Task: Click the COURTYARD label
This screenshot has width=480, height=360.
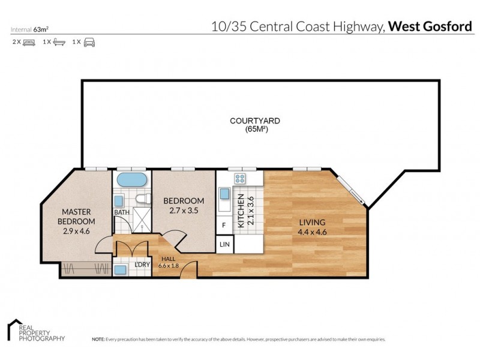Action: (x=255, y=121)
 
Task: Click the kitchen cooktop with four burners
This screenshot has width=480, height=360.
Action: (x=241, y=178)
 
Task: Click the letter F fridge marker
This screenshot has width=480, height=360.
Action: (x=224, y=224)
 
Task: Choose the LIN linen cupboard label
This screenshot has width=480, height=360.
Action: (x=224, y=244)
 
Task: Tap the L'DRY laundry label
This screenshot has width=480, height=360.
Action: (x=142, y=265)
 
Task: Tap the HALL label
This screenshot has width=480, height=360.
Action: (x=164, y=259)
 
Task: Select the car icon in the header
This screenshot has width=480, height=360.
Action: (x=89, y=43)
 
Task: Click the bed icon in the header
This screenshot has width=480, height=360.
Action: (x=28, y=43)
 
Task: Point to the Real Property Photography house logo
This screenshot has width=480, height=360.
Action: (x=13, y=330)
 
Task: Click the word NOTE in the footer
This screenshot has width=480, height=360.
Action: (x=98, y=340)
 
